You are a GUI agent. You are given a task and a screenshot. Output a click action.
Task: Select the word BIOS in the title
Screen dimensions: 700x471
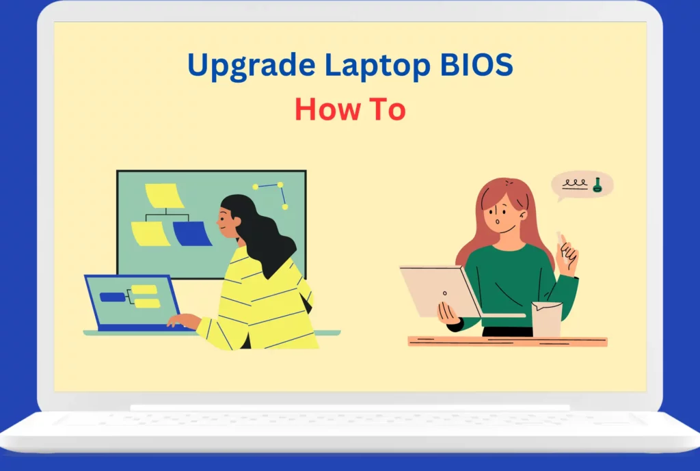(x=476, y=64)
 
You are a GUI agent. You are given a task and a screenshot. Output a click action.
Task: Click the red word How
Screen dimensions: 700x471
(x=327, y=109)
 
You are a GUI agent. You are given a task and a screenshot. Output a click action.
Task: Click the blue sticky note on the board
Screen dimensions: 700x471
(x=192, y=234)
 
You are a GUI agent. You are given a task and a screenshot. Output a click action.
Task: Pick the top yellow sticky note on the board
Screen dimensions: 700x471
(x=164, y=196)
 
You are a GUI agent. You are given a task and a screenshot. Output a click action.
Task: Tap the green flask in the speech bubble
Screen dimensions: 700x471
(x=597, y=185)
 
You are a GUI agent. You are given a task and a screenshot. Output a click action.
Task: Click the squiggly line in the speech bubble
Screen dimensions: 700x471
(x=574, y=183)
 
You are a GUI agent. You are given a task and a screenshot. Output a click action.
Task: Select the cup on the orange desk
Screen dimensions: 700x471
(x=546, y=319)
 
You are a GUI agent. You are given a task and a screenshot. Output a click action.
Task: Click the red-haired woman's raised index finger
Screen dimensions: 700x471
(x=564, y=243)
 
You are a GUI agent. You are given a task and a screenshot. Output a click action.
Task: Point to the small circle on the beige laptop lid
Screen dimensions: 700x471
(x=444, y=293)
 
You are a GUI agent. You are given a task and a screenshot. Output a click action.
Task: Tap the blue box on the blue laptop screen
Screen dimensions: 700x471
(x=113, y=297)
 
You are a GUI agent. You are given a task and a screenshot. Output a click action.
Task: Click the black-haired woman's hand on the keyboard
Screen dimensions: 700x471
(x=183, y=321)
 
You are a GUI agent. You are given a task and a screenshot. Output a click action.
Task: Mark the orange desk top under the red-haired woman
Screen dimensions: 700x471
(x=508, y=342)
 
